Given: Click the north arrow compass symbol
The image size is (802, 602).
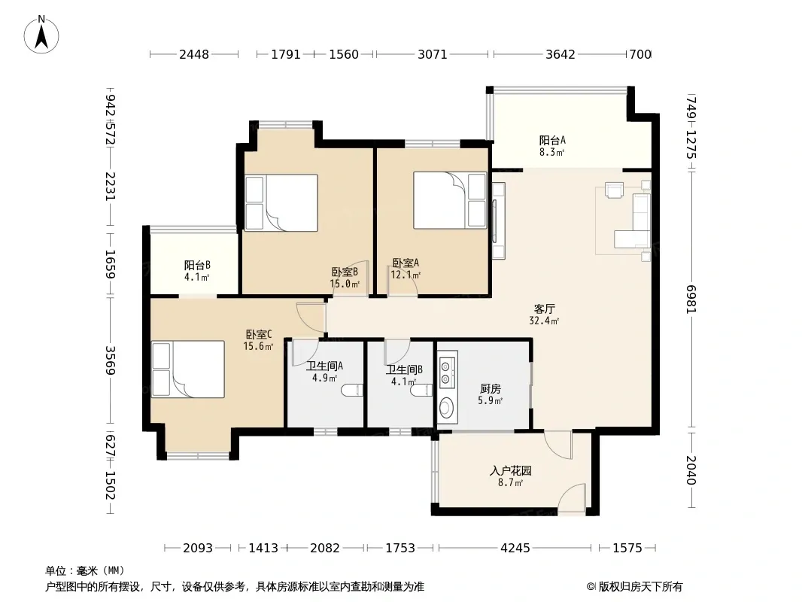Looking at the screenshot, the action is (x=41, y=35).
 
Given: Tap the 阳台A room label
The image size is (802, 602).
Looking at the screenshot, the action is (x=552, y=140).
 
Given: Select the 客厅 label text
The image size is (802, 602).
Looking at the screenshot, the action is (x=544, y=309).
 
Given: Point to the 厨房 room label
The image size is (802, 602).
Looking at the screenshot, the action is (x=490, y=389).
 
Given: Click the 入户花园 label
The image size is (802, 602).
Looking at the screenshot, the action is (x=510, y=470).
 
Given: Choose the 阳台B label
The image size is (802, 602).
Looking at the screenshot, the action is (x=197, y=266).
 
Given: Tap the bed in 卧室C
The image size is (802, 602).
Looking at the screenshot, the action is (x=188, y=369).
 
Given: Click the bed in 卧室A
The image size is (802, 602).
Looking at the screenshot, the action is (x=450, y=200).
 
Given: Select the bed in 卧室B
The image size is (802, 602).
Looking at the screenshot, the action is (x=281, y=203).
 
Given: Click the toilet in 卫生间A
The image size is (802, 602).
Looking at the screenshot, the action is (x=352, y=391).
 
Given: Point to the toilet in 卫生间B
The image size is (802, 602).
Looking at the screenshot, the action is (x=423, y=391).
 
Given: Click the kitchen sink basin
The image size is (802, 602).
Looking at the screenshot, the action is (x=447, y=409).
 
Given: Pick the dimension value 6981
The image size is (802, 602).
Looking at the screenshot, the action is (x=691, y=299).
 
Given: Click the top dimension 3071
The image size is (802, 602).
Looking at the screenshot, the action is (x=432, y=54).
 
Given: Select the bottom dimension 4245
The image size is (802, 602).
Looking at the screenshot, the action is (x=515, y=548).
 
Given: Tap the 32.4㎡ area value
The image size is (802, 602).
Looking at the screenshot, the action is (x=544, y=321).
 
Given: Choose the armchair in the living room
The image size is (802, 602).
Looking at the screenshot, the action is (x=614, y=190).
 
